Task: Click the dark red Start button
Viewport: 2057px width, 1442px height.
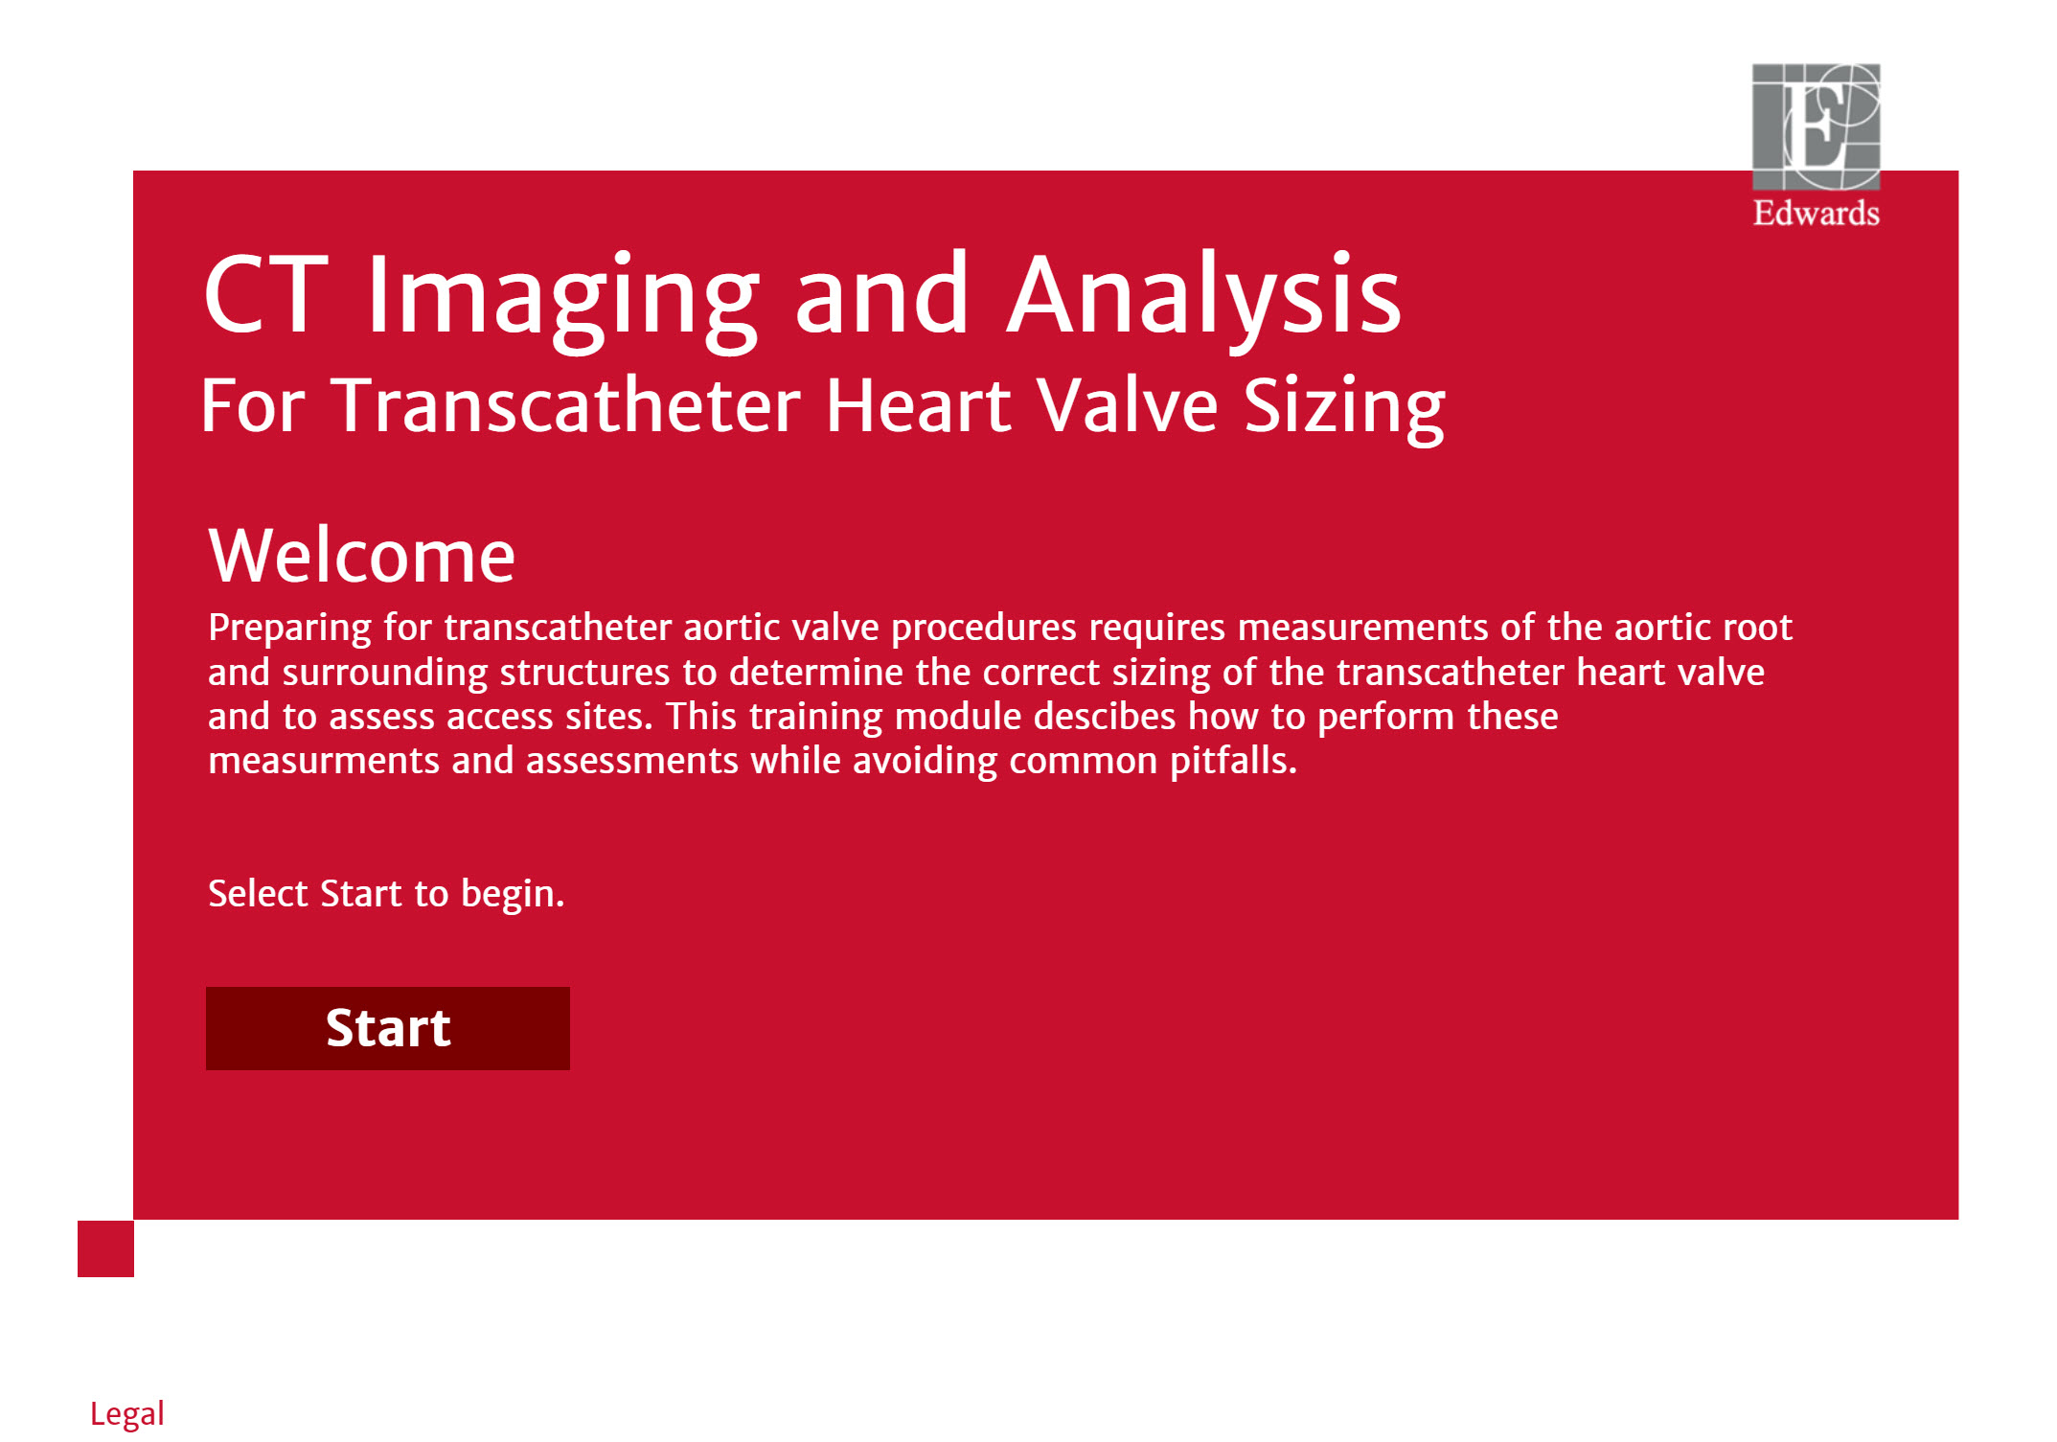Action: pyautogui.click(x=387, y=1028)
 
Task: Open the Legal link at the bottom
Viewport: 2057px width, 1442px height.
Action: pyautogui.click(x=127, y=1414)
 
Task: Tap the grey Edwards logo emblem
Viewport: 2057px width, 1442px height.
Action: pyautogui.click(x=1816, y=126)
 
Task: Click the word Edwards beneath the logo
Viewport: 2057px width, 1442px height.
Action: pyautogui.click(x=1816, y=213)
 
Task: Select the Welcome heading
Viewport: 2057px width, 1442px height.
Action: pyautogui.click(x=362, y=556)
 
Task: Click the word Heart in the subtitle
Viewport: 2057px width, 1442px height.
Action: pyautogui.click(x=918, y=405)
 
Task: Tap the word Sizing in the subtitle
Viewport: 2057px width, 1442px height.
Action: pyautogui.click(x=1344, y=410)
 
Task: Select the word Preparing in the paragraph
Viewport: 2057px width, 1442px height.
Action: pyautogui.click(x=290, y=629)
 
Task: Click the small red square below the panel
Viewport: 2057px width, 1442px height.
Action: pyautogui.click(x=105, y=1248)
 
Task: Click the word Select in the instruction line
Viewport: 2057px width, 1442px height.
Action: pyautogui.click(x=258, y=893)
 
